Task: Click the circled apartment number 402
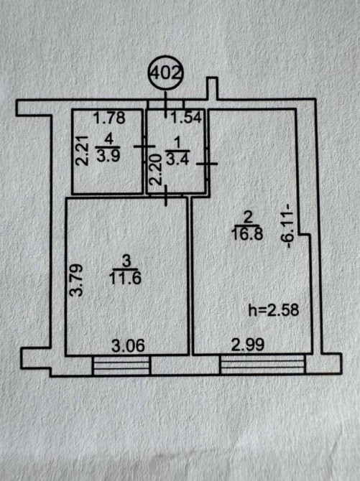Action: tap(165, 74)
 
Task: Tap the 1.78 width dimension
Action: tap(109, 118)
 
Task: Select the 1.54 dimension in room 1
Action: tap(186, 118)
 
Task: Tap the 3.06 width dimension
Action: tap(128, 346)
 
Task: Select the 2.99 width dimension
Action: tap(248, 345)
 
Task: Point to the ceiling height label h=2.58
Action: tap(274, 310)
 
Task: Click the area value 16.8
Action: tap(248, 235)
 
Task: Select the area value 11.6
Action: tap(125, 279)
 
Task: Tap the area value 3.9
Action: tap(106, 156)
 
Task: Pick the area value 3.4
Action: tap(177, 160)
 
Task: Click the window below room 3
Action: tap(121, 365)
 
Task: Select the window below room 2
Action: tap(262, 365)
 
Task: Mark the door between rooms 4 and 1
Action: tap(145, 146)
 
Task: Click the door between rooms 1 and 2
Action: tap(208, 164)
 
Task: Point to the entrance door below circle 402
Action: tap(166, 105)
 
